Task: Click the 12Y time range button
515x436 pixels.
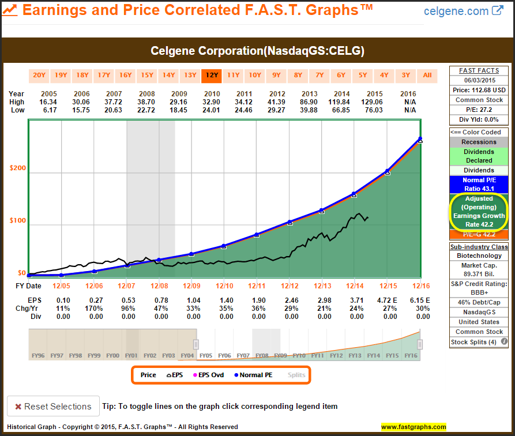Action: (x=211, y=75)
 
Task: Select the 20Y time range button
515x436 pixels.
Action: (x=39, y=75)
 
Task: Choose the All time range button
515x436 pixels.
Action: (x=427, y=75)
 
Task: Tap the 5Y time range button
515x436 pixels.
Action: (x=362, y=75)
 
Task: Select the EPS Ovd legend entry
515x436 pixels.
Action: (x=209, y=375)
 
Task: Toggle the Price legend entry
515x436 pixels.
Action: (x=148, y=375)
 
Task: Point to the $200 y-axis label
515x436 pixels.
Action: (x=18, y=168)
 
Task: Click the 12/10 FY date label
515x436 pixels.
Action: (x=224, y=285)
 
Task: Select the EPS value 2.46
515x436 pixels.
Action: (x=292, y=300)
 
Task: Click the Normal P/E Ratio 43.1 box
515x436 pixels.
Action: (x=479, y=185)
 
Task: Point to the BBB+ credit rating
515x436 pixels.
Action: (x=479, y=293)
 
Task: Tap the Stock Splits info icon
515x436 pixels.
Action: (x=505, y=342)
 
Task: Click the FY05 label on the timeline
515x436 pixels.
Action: (x=206, y=356)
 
